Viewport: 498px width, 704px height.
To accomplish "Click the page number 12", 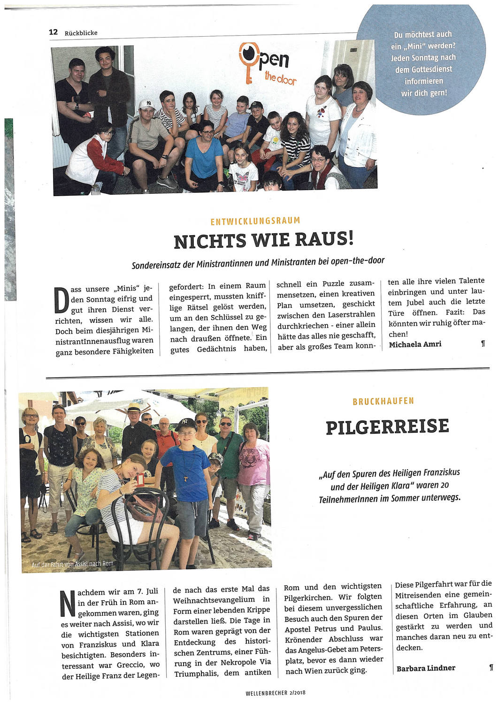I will pos(53,32).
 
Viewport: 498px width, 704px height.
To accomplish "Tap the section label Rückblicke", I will pos(81,33).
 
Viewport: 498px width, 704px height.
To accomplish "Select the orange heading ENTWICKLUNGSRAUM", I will pos(255,221).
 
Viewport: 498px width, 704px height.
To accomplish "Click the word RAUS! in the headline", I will pos(324,240).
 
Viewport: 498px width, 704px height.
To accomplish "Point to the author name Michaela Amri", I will pos(415,344).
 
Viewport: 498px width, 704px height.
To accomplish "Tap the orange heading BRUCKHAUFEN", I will pos(383,401).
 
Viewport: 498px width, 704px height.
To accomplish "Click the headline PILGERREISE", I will pos(387,427).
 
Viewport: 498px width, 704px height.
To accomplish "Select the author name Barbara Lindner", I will pos(426,668).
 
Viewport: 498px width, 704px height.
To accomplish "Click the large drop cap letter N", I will pos(68,603).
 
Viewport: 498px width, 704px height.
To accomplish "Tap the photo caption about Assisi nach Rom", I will pos(72,563).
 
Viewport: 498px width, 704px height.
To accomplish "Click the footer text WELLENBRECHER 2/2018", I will pos(275,692).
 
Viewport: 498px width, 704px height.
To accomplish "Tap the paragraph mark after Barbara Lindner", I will pos(490,666).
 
